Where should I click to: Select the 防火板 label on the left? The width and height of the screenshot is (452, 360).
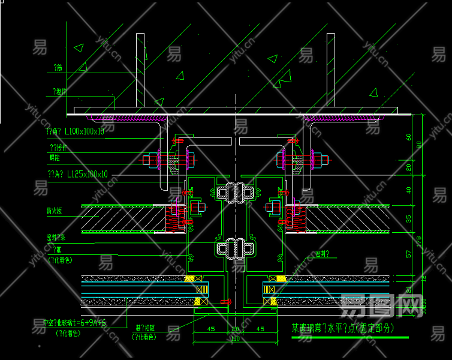tap(56, 211)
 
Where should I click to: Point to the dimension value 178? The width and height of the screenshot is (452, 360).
tap(420, 241)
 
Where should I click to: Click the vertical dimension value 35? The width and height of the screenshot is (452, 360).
tap(409, 218)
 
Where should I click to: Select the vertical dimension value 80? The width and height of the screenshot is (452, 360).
tap(420, 144)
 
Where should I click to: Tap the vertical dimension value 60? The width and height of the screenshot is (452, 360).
tap(409, 137)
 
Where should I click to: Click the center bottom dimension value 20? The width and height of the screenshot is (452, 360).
tap(236, 329)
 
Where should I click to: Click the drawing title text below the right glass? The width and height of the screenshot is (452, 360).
tap(343, 328)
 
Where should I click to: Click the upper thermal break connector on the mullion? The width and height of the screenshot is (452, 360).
tap(236, 192)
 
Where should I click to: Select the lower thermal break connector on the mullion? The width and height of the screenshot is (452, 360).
tap(236, 247)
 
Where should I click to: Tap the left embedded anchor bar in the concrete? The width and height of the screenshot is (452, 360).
tap(140, 71)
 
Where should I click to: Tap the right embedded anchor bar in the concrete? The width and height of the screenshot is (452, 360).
tap(330, 71)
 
